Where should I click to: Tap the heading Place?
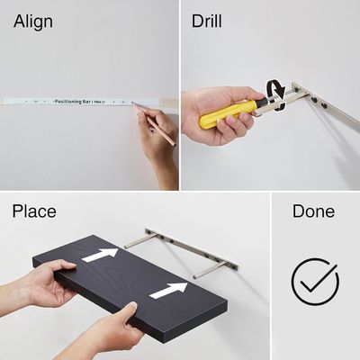coord(34,212)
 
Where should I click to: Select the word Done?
coord(313,212)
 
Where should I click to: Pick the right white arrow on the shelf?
coord(168,291)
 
